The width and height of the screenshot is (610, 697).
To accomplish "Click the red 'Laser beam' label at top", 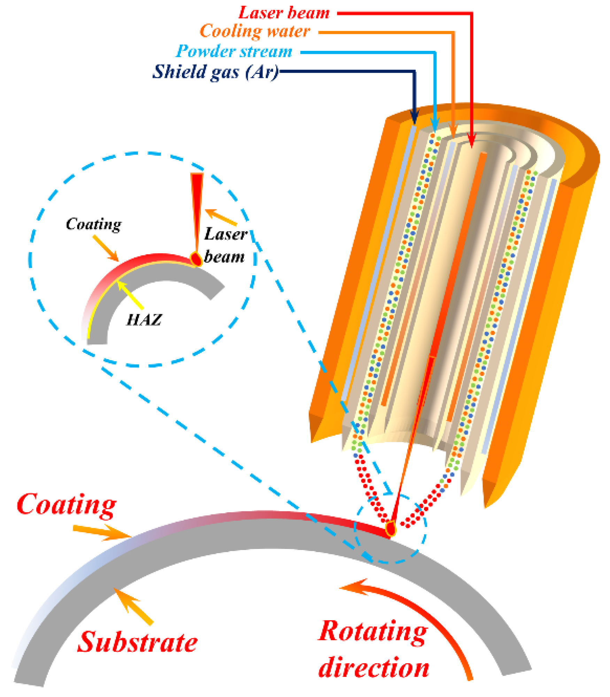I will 284,13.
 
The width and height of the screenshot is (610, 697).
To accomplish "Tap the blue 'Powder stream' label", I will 234,52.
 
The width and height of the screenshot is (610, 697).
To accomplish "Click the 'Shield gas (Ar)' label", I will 215,72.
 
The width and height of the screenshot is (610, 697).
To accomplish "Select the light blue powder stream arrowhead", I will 434,124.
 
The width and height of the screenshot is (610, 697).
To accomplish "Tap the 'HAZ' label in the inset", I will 144,319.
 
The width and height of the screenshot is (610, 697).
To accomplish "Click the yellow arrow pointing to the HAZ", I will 130,295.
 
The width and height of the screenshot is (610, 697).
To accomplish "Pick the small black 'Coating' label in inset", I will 93,224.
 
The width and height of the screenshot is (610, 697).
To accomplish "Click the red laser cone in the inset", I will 197,209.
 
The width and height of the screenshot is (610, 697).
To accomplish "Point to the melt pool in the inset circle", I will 196,259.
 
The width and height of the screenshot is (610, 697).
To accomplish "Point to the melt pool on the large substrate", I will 391,529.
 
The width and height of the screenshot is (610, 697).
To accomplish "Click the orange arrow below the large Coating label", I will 103,532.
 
